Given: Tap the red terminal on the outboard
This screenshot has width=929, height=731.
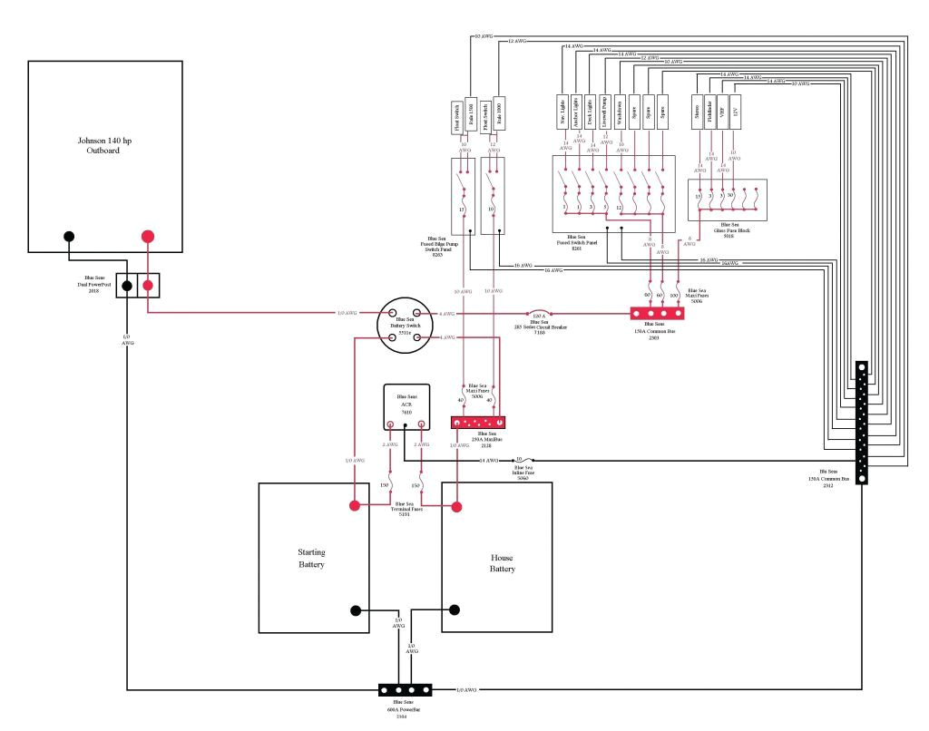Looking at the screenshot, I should (x=148, y=237).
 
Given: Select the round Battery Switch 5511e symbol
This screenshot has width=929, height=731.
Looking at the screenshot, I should (x=406, y=326).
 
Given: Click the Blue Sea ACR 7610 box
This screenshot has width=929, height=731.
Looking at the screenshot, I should (x=406, y=406).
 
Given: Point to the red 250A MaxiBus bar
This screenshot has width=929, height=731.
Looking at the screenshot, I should (x=477, y=423).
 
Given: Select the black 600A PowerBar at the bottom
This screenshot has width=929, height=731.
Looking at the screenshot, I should (x=405, y=690).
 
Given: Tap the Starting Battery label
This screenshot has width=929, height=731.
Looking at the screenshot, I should (x=311, y=558).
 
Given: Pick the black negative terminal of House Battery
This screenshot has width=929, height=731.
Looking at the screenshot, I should (x=455, y=609).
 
